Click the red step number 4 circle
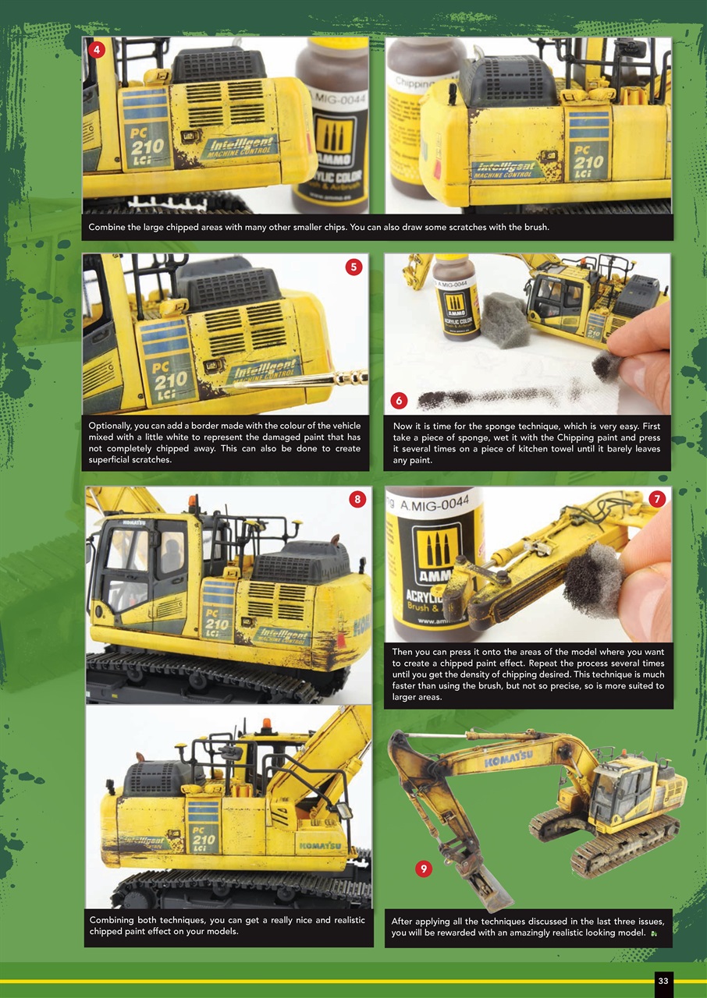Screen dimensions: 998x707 96,50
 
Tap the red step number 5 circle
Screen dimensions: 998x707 353,267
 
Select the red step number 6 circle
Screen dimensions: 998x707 399,401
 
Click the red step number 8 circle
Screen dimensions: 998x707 357,500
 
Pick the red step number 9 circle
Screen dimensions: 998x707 422,869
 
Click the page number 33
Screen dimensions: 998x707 663,981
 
